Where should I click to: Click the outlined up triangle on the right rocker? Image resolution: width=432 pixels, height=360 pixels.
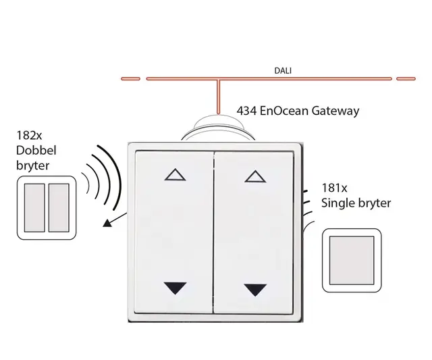(x=255, y=176)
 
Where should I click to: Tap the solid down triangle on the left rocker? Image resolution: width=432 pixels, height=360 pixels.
(x=174, y=288)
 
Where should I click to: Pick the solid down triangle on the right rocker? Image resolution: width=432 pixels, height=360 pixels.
(x=255, y=290)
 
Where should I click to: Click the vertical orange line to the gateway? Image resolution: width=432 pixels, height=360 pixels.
(x=218, y=95)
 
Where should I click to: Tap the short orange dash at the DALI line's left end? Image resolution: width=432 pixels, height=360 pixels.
(x=130, y=78)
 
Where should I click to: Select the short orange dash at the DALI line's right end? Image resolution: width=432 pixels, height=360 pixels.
(x=406, y=78)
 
